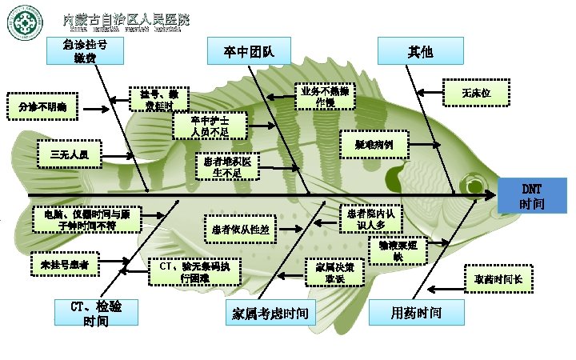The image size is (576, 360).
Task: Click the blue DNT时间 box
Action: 532,195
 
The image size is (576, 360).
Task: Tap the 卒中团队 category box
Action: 248,52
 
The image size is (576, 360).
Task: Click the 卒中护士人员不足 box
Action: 210,126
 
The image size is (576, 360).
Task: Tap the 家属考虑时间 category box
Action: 270,312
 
